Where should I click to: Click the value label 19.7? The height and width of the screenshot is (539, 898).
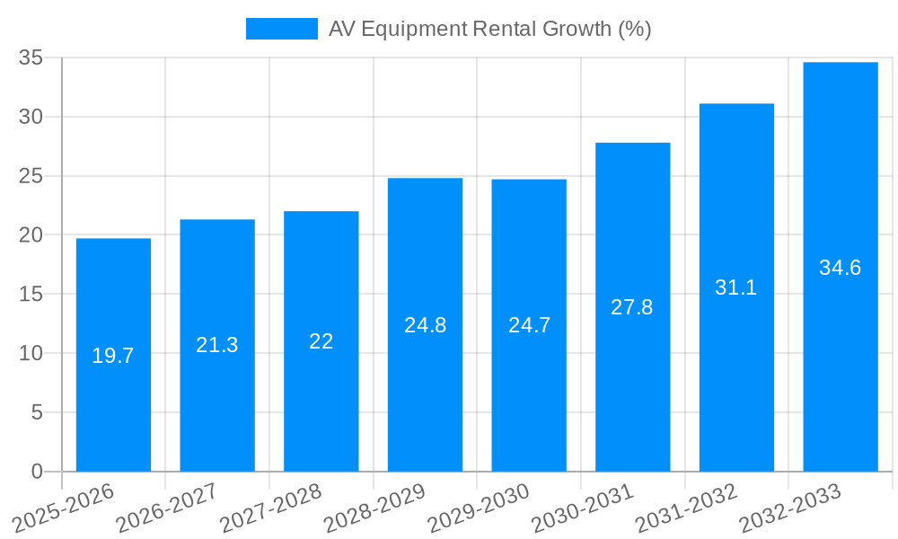click(113, 356)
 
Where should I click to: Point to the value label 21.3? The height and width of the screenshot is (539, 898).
click(217, 345)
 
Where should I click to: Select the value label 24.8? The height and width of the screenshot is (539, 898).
click(425, 325)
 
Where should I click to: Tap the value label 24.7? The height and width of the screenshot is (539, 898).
click(529, 325)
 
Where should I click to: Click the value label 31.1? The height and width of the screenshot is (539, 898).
click(736, 287)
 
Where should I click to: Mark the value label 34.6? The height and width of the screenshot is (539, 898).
click(841, 268)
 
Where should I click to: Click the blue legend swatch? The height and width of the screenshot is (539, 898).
click(281, 29)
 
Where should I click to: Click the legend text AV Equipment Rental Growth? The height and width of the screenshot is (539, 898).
click(489, 29)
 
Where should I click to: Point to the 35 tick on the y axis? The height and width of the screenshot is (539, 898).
click(31, 58)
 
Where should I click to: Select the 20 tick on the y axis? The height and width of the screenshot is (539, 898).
click(31, 235)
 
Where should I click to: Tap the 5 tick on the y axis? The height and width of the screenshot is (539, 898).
click(37, 412)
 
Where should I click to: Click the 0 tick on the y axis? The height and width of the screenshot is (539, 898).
click(37, 472)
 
